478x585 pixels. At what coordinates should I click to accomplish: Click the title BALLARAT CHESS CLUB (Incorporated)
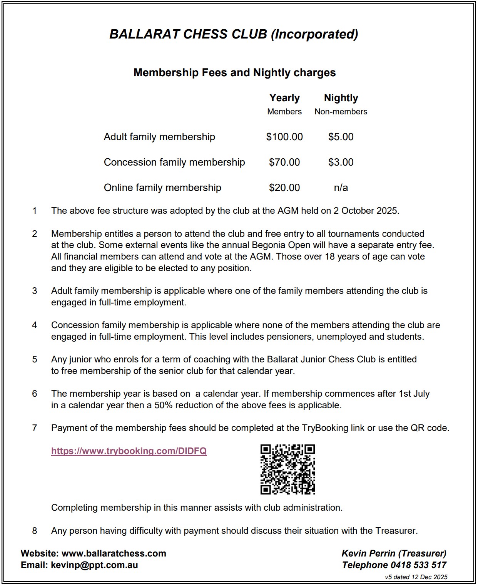pos(234,34)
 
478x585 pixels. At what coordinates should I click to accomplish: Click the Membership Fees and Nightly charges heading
pos(234,73)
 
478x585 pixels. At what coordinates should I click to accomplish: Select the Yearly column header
pos(284,98)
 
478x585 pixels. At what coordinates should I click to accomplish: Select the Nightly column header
pos(341,98)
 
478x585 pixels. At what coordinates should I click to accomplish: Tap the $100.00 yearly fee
pos(284,137)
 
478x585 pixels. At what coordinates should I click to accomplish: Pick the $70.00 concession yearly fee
pos(284,162)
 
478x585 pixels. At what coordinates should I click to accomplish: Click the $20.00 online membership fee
pos(284,188)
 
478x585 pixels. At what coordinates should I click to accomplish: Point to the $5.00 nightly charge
pos(341,137)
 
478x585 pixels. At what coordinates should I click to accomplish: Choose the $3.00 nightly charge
pos(341,162)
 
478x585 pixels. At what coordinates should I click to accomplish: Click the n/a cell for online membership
pos(341,188)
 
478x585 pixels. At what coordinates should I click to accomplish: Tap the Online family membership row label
pos(162,188)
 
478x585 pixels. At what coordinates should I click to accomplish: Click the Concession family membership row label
pos(174,162)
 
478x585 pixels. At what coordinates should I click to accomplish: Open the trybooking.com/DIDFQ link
pos(129,451)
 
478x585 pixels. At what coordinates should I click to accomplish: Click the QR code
pos(287,469)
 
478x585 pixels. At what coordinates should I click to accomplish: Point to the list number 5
pos(35,359)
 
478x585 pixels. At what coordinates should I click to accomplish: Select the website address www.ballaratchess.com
pos(114,553)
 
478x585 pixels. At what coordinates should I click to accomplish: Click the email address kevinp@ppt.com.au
pos(94,565)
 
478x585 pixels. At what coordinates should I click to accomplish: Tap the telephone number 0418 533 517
pos(418,565)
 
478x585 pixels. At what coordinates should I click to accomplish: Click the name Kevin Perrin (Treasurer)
pos(394,553)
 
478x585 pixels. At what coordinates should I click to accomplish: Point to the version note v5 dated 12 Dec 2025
pos(416,577)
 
